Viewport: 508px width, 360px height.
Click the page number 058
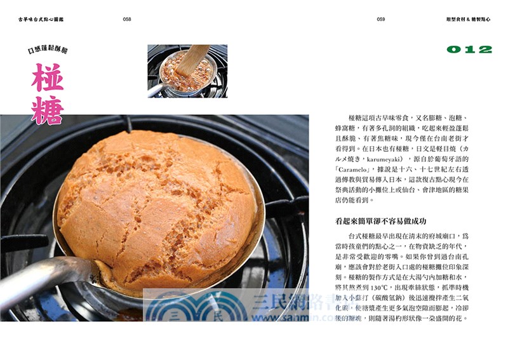[x=127, y=20]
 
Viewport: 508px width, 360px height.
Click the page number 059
[x=381, y=20]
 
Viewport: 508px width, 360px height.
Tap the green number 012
[x=469, y=50]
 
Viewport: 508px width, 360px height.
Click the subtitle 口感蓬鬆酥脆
[x=48, y=50]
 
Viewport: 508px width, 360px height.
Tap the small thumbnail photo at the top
[x=187, y=70]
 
